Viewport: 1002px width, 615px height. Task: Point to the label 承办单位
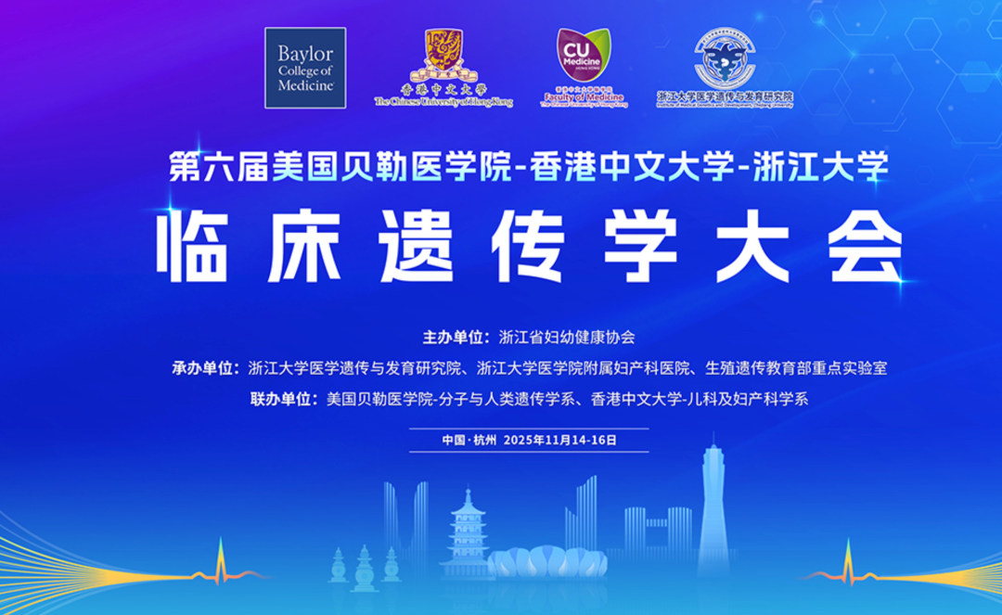tap(205, 368)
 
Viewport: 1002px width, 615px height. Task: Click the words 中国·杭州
tap(470, 440)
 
